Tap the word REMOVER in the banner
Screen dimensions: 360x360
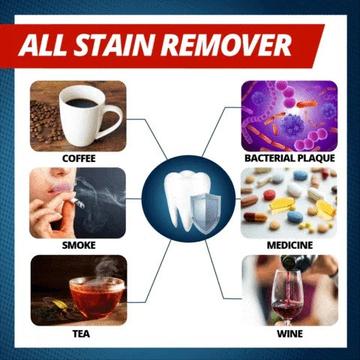pyautogui.click(x=227, y=45)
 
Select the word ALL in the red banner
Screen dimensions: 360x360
pyautogui.click(x=44, y=45)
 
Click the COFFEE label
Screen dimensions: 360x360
pyautogui.click(x=79, y=158)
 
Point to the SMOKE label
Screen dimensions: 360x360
pyautogui.click(x=79, y=245)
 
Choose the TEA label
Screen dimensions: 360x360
pyautogui.click(x=81, y=334)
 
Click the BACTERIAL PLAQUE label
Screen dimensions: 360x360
pyautogui.click(x=289, y=158)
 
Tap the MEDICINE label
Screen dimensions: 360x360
pyautogui.click(x=289, y=245)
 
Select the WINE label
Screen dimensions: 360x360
pyautogui.click(x=289, y=334)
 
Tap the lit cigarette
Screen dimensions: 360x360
pyautogui.click(x=76, y=202)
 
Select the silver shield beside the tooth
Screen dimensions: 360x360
pyautogui.click(x=205, y=213)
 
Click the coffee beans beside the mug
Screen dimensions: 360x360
pyautogui.click(x=46, y=121)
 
